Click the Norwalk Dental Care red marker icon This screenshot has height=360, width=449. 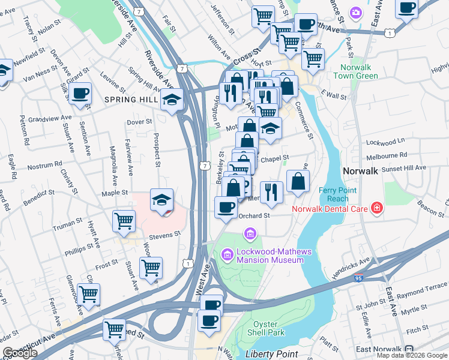[x=376, y=208]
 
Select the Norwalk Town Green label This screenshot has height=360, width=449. [x=359, y=71]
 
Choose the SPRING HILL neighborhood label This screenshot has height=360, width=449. [x=130, y=99]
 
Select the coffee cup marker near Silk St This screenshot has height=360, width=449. [x=80, y=94]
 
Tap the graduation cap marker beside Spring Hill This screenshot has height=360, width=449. [x=172, y=100]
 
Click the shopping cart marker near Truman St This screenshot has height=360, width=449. [x=124, y=221]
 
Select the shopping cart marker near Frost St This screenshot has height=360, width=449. [x=151, y=267]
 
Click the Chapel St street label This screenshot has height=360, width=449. [x=277, y=158]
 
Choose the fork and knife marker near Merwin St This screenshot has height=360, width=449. [x=271, y=191]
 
